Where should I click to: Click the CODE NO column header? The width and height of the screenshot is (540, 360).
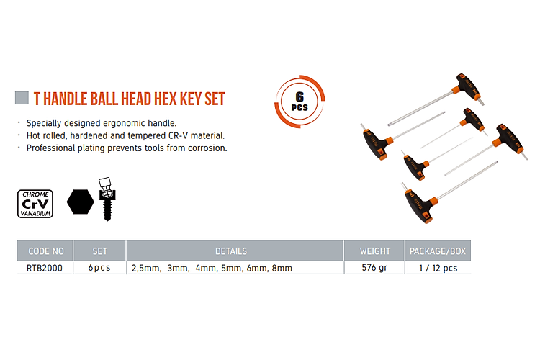click(46, 251)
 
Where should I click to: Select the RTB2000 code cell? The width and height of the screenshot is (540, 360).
click(45, 268)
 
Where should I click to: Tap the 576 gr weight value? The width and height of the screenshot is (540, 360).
click(374, 268)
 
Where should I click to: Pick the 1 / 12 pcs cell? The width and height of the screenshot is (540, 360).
click(438, 268)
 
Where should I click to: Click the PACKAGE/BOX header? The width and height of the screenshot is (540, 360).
click(438, 251)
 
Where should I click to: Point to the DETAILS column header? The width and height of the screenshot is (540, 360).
click(231, 251)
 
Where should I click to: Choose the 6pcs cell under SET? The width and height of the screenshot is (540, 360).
click(99, 268)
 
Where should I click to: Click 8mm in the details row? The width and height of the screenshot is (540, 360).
click(282, 268)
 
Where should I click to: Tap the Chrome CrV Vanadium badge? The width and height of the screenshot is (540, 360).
click(35, 204)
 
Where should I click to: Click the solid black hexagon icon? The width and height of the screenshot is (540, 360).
click(80, 202)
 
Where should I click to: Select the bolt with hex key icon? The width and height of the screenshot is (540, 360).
click(107, 199)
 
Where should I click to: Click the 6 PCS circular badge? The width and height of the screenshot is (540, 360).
click(300, 102)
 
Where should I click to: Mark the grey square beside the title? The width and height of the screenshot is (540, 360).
click(22, 98)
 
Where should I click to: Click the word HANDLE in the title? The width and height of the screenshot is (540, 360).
click(65, 99)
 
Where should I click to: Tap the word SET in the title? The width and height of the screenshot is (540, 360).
click(215, 99)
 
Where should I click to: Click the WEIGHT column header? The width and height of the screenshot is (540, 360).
click(375, 251)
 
